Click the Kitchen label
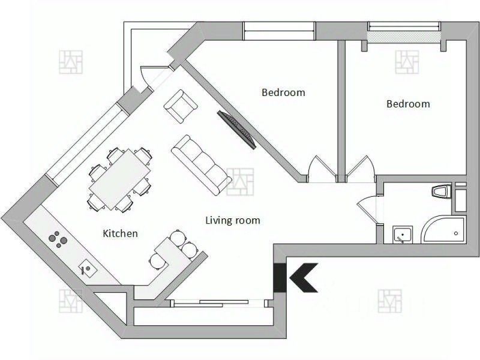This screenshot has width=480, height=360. point(120,233)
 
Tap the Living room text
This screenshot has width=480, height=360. point(233,220)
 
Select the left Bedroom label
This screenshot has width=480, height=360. point(283,92)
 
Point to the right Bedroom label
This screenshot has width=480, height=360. point(408,104)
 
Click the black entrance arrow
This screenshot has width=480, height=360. point(302,277)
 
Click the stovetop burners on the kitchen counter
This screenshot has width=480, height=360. point(58,239)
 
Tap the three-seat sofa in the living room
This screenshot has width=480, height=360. point(201,164)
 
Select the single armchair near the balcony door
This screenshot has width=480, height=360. point(181,106)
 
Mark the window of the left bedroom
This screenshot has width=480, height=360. point(279,30)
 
